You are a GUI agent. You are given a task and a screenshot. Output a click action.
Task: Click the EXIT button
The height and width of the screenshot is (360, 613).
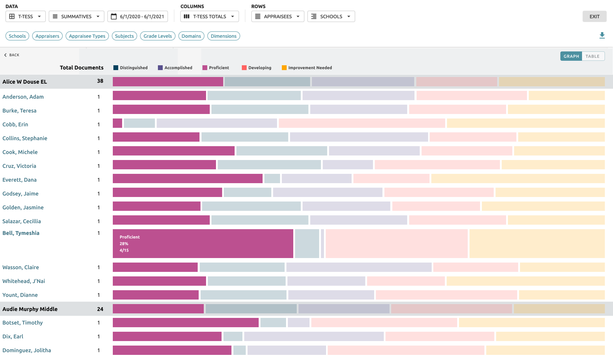594,17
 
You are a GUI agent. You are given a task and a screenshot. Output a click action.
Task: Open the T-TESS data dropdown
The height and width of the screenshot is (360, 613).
26,17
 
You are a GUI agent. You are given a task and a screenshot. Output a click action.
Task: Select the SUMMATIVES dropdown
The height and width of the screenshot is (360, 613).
76,17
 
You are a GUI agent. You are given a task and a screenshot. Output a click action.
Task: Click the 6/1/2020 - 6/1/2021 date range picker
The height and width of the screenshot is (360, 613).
137,17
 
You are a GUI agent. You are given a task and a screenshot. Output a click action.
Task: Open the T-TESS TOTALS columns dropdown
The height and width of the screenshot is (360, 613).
209,17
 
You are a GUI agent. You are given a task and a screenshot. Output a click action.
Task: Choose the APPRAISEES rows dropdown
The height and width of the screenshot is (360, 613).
277,17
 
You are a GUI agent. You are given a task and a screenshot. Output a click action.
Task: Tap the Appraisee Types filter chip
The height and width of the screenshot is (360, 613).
87,36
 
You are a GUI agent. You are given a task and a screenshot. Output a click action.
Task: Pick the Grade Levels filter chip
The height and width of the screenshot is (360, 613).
157,36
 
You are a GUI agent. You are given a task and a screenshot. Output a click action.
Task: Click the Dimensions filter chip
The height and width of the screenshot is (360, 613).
223,36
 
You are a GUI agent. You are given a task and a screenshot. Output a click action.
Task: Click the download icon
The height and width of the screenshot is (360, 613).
602,35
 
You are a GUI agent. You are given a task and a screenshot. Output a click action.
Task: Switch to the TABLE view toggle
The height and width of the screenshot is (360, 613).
593,56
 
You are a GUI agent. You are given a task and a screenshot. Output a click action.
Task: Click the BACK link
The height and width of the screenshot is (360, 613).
12,55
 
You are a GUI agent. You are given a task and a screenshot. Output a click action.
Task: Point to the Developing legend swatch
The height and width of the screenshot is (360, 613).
244,68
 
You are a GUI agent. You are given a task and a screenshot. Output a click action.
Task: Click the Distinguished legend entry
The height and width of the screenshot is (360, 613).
131,68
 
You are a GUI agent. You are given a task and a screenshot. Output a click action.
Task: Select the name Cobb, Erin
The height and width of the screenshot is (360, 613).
15,125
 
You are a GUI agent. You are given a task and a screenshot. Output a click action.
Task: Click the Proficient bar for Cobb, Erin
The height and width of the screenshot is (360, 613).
117,123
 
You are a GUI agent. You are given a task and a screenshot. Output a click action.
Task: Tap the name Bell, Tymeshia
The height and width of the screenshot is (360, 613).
21,233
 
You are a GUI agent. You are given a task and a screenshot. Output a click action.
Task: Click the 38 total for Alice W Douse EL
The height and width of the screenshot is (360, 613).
100,81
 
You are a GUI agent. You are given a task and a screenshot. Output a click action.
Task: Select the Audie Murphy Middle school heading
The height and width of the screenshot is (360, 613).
30,309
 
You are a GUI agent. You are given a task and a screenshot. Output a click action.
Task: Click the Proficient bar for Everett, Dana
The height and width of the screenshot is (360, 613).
187,178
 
